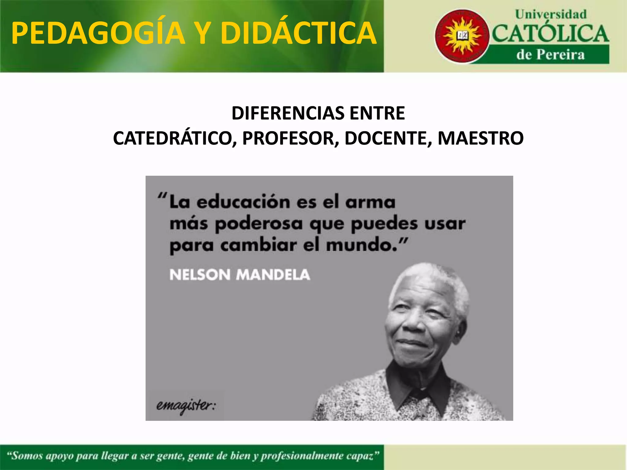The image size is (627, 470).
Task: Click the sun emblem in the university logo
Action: pyautogui.click(x=462, y=36)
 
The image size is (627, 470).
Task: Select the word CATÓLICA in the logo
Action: pyautogui.click(x=550, y=34)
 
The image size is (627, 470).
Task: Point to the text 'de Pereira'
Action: pyautogui.click(x=550, y=55)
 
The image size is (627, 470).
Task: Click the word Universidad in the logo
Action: pyautogui.click(x=550, y=14)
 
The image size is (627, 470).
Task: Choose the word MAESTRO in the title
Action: pyautogui.click(x=480, y=138)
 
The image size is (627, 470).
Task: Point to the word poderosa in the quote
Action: pyautogui.click(x=259, y=224)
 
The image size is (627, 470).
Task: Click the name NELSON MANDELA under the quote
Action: pyautogui.click(x=239, y=275)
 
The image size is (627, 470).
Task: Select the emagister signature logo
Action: pyautogui.click(x=186, y=406)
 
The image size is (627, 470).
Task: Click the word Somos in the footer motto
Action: pyautogui.click(x=28, y=456)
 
